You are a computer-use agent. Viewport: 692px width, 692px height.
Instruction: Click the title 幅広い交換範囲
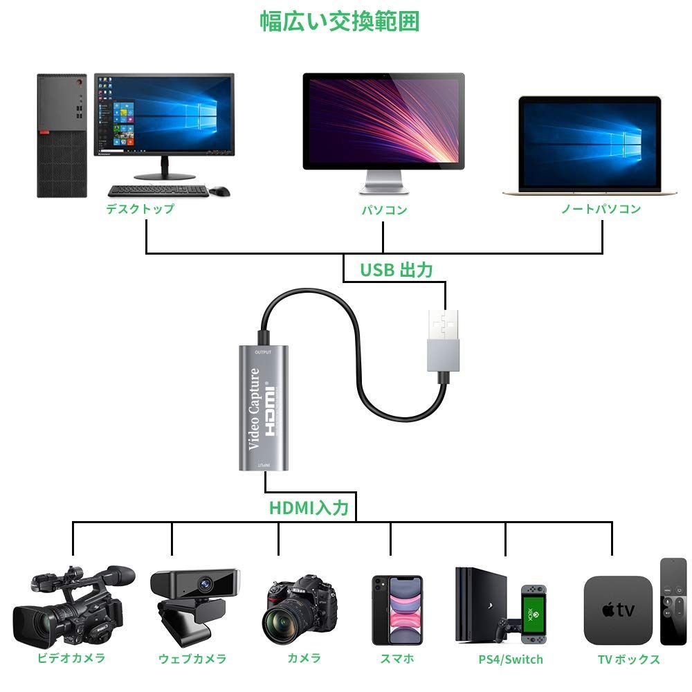(x=339, y=21)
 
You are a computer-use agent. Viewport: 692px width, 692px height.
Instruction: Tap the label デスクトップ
(x=140, y=209)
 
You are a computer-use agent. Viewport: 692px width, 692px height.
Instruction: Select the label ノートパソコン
(x=601, y=209)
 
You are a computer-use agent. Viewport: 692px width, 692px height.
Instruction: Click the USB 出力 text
(x=396, y=270)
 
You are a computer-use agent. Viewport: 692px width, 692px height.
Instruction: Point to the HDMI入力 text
(x=309, y=507)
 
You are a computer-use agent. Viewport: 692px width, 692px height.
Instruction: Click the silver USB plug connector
(x=444, y=340)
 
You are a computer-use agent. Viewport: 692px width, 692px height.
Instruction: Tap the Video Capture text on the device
(x=254, y=409)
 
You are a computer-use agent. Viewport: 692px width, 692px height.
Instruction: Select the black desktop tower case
(x=62, y=136)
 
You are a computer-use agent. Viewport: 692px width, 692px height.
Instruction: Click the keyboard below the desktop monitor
(x=158, y=191)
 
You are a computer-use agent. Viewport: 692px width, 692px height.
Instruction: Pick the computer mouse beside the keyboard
(x=220, y=191)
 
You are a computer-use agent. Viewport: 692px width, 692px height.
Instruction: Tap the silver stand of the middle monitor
(x=383, y=182)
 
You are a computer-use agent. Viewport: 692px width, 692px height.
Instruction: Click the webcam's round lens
(x=205, y=585)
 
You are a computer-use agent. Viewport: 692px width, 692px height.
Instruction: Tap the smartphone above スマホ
(x=397, y=610)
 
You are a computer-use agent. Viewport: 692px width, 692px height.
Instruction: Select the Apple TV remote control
(x=673, y=602)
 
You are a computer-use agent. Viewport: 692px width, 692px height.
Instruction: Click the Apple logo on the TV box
(x=608, y=610)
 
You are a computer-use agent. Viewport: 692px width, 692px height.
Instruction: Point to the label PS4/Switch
(x=511, y=659)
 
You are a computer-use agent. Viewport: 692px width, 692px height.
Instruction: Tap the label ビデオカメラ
(x=71, y=658)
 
